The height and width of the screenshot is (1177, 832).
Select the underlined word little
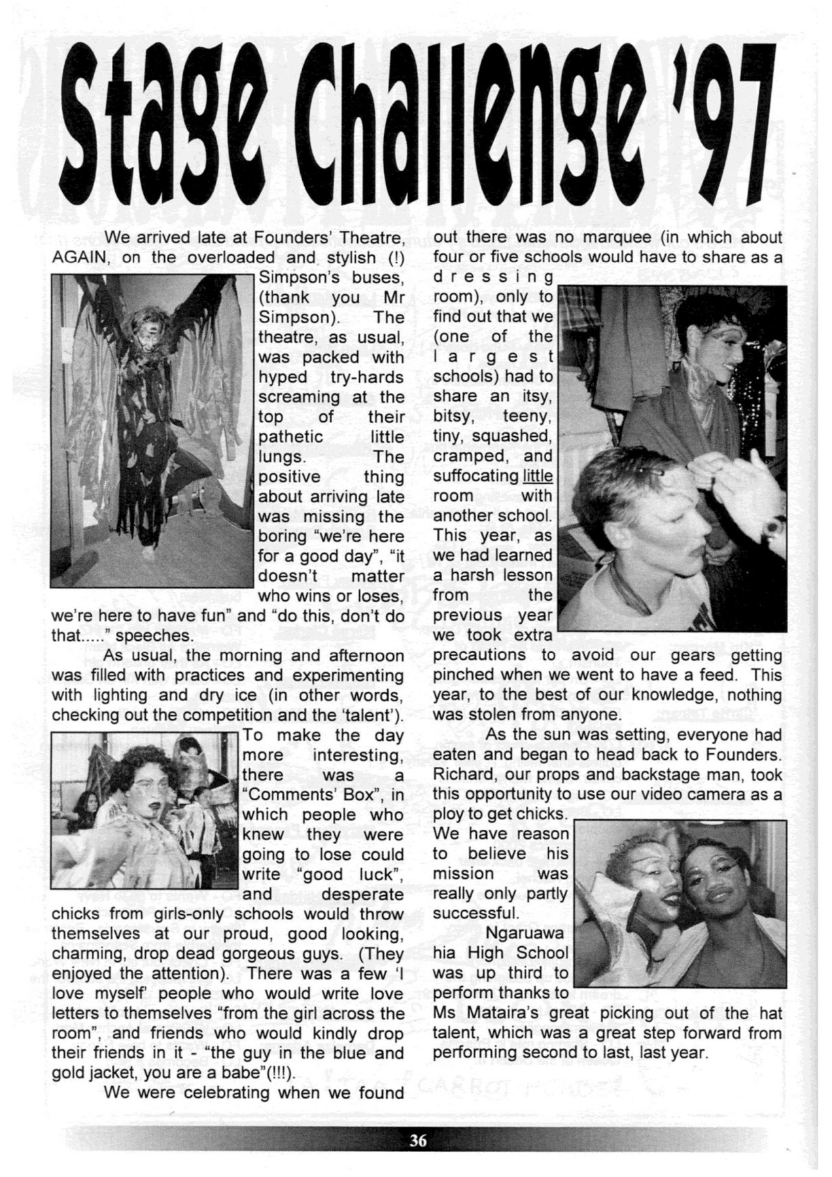(537, 476)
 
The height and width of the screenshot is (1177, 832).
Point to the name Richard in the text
(463, 775)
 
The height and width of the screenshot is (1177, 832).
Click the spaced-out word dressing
(493, 277)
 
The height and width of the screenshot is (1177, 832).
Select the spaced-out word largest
(493, 356)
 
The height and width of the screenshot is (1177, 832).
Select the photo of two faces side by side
(680, 904)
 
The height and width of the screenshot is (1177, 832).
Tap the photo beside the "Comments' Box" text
(144, 810)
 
